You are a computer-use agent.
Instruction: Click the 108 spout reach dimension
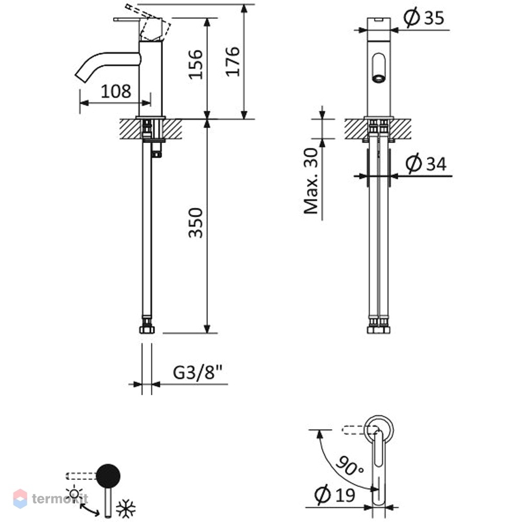click(115, 91)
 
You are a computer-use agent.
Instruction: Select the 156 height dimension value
click(196, 64)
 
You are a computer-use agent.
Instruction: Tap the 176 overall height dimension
click(233, 62)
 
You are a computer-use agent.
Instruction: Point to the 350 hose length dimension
click(196, 223)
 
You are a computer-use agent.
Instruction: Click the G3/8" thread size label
click(198, 372)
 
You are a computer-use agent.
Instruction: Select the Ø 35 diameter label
click(424, 17)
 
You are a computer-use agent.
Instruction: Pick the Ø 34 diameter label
click(426, 163)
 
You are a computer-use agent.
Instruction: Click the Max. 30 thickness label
click(311, 181)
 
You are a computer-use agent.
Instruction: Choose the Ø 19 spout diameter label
click(335, 495)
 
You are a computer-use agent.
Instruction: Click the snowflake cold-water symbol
click(125, 508)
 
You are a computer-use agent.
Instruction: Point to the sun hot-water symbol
click(74, 494)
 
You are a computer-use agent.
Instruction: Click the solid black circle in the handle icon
click(108, 476)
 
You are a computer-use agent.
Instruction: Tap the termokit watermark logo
click(51, 499)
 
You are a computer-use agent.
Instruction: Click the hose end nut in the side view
click(147, 329)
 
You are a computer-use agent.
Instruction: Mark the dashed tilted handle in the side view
click(148, 23)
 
